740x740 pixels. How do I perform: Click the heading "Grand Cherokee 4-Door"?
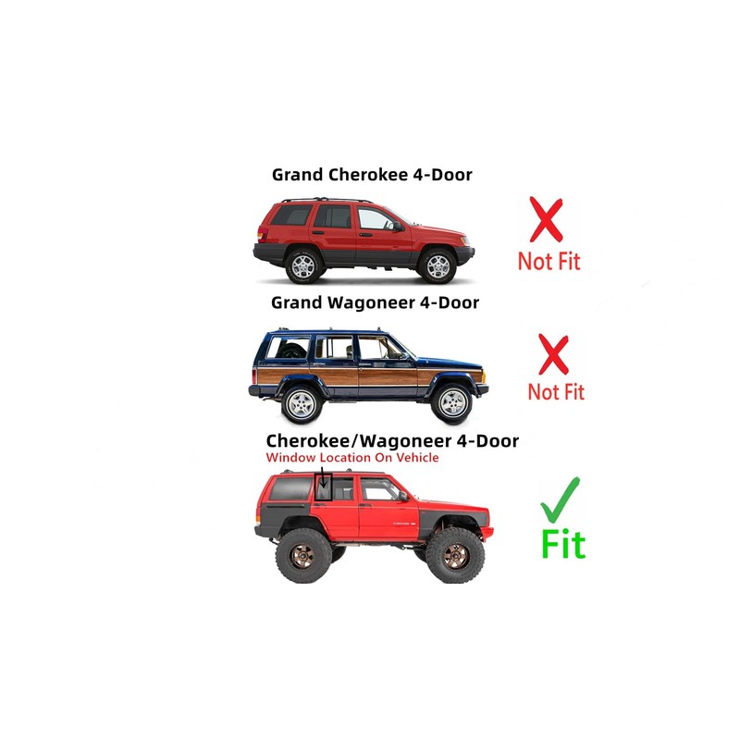[x=372, y=175]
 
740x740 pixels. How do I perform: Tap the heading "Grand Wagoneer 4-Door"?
[x=375, y=302]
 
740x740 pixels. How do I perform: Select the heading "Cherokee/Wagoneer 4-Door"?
[x=392, y=441]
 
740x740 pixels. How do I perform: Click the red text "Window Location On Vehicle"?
[x=352, y=457]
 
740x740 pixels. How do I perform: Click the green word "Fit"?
[x=563, y=545]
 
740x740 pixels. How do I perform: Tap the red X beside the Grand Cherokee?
[x=546, y=219]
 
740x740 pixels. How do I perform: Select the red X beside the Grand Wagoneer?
[x=553, y=354]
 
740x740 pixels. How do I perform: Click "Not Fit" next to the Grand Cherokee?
[x=549, y=261]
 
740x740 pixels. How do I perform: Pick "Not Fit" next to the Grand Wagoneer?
[x=556, y=391]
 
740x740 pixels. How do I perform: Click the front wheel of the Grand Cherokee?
[x=438, y=266]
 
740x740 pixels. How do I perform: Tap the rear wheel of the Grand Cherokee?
[x=303, y=266]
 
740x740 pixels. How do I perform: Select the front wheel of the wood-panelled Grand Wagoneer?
[x=451, y=403]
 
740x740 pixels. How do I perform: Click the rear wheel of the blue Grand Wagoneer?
[x=302, y=404]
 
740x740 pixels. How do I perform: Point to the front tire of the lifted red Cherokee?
[x=455, y=556]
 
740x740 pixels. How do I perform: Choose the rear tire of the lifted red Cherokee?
[x=304, y=556]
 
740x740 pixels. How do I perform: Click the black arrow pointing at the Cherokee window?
[x=323, y=477]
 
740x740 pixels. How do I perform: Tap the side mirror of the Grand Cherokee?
[x=398, y=227]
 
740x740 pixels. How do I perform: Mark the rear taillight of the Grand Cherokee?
[x=262, y=234]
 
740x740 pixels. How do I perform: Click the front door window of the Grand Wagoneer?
[x=378, y=348]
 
